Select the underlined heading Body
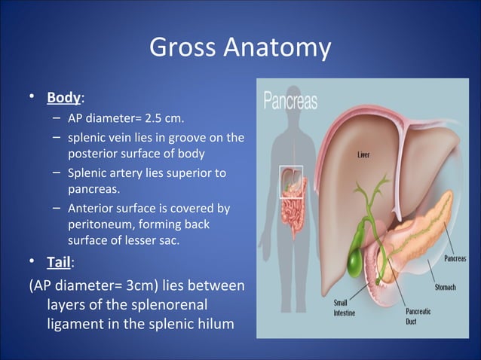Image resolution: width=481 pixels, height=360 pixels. pyautogui.click(x=64, y=98)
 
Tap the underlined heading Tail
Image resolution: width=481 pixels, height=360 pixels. pyautogui.click(x=60, y=265)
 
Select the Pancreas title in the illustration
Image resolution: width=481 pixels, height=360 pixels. pyautogui.click(x=290, y=100)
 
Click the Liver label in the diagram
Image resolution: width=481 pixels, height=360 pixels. pyautogui.click(x=363, y=155)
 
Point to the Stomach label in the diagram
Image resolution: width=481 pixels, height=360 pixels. pyautogui.click(x=446, y=287)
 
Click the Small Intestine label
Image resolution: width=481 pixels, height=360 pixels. pyautogui.click(x=347, y=307)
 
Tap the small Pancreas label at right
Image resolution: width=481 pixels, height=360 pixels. pyautogui.click(x=454, y=259)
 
